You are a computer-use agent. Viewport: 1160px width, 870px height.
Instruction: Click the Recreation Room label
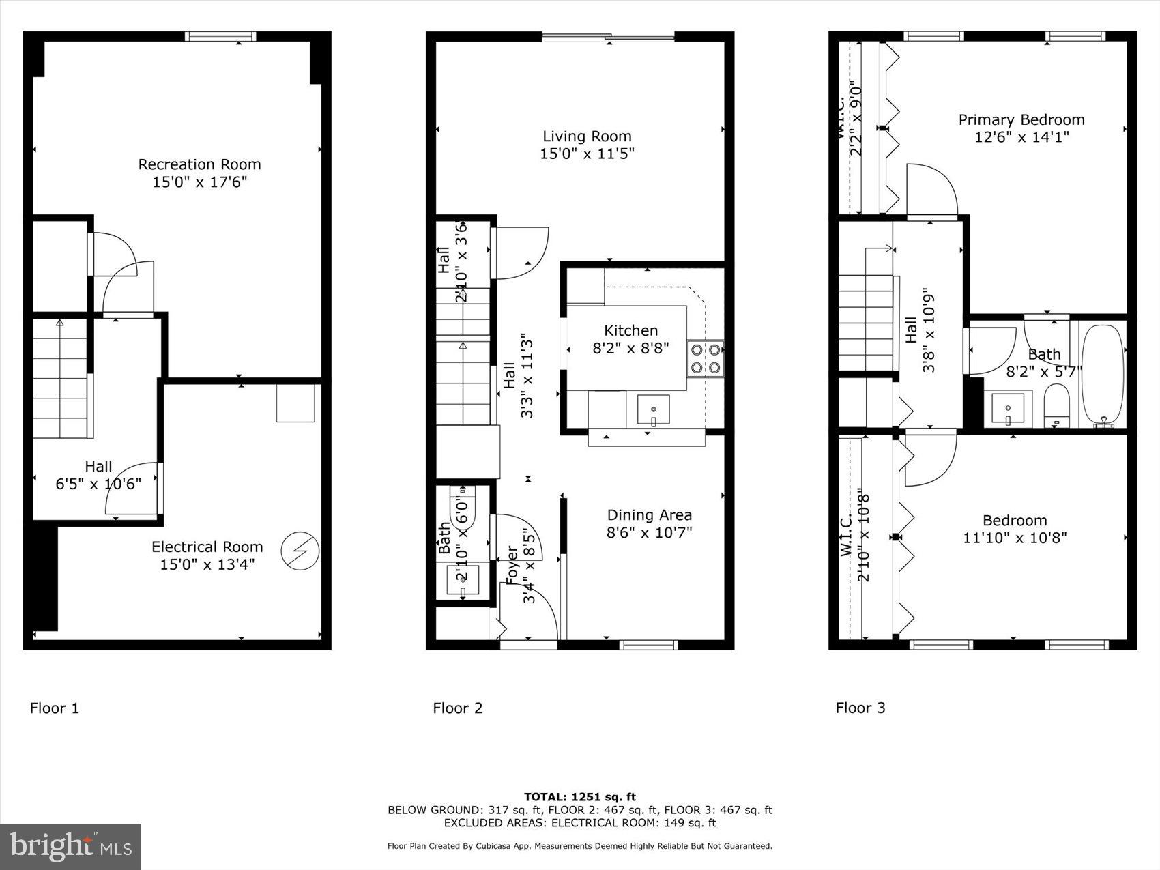199,164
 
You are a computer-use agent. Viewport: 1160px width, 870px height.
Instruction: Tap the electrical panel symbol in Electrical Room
300,550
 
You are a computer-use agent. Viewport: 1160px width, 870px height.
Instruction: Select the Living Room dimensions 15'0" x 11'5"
587,154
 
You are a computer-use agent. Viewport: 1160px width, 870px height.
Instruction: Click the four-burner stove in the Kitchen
705,359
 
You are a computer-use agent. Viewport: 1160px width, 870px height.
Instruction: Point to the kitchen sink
653,410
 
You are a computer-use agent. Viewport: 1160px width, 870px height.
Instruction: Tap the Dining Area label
649,515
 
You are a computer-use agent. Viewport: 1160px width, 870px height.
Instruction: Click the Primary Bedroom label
1021,120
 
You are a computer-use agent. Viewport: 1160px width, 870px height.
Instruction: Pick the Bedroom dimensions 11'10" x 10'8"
1014,538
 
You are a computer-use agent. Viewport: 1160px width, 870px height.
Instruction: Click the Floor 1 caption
55,708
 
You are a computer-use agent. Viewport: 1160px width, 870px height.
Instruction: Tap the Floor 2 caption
457,708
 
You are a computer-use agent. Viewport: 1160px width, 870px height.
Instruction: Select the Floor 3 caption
860,708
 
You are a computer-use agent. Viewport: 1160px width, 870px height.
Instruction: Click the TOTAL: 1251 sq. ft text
579,796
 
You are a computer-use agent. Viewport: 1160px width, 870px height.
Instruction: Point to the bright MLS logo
71,847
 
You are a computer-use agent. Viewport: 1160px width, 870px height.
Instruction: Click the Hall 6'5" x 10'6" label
98,475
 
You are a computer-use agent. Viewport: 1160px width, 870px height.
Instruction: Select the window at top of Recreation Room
221,37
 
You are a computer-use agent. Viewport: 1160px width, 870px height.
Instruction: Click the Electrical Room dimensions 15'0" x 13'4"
207,564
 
